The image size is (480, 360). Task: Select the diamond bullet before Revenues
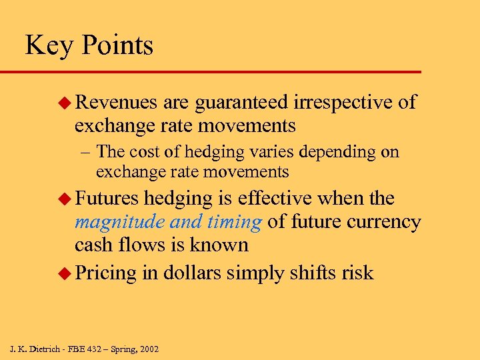click(x=66, y=102)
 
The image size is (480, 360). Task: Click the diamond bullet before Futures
click(x=66, y=199)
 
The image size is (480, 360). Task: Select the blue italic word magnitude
click(x=113, y=222)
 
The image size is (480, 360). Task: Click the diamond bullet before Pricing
click(x=66, y=273)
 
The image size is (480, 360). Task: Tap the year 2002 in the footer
click(x=147, y=349)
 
